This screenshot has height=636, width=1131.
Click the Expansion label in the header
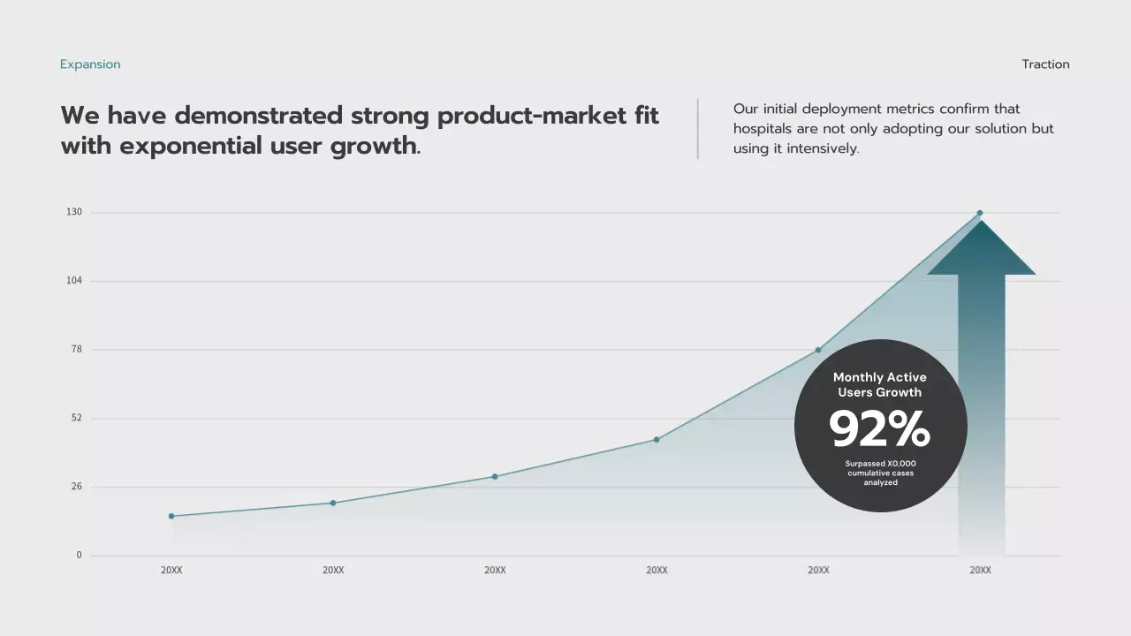coord(90,64)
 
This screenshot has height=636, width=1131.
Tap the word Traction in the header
coord(1045,64)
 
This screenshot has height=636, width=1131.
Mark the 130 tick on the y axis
coord(73,212)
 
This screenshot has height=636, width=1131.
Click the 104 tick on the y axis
coord(73,281)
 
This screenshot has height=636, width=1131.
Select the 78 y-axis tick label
coord(76,349)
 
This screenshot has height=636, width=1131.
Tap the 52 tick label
coord(76,418)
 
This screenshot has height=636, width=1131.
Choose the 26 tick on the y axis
coord(76,487)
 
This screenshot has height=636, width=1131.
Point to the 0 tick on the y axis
coord(79,555)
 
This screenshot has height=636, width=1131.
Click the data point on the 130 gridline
coord(980,213)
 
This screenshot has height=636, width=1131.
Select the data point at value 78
coord(818,350)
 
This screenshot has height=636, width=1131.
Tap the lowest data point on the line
coord(171,516)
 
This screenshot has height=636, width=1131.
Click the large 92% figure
coord(879,429)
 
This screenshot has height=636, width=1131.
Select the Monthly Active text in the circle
coord(880,377)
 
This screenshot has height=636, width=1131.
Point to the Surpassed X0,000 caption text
coord(880,464)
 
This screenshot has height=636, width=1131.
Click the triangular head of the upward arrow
coord(981,252)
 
